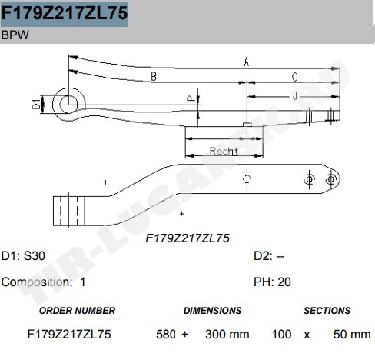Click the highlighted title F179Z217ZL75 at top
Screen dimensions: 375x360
[65, 13]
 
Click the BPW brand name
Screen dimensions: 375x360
[15, 35]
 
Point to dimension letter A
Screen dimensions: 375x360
[247, 62]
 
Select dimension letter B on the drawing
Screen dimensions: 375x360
[154, 76]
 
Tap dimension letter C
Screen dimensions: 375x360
[295, 77]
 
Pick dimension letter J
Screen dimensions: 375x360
[295, 96]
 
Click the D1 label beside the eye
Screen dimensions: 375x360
[36, 104]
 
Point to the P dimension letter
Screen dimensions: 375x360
[191, 98]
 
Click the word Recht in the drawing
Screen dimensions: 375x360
[224, 151]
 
